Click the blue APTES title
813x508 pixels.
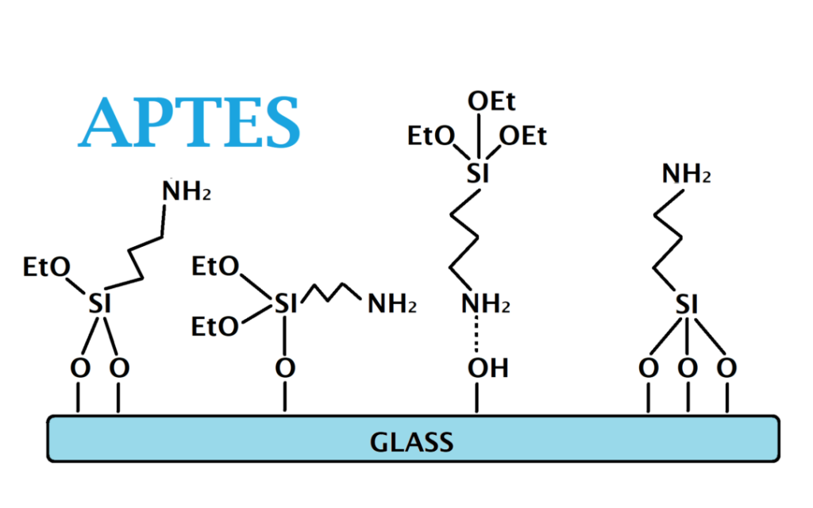tap(189, 122)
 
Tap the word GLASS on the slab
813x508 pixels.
tap(412, 442)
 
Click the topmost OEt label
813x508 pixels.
tap(491, 101)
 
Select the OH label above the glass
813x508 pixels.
tap(488, 368)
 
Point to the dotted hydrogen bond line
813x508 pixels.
tap(476, 335)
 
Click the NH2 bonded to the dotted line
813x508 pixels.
tap(486, 304)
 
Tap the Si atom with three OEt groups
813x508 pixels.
tap(478, 173)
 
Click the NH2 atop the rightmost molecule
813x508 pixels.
tap(687, 174)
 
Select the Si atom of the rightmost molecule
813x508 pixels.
tap(687, 304)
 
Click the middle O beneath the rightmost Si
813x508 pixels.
tap(688, 368)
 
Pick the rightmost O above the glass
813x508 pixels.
tap(726, 368)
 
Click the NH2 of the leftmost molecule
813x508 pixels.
tap(187, 190)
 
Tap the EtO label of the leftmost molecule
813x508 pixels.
tap(47, 267)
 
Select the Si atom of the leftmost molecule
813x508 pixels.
tap(100, 303)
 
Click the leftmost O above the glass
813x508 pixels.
tap(80, 368)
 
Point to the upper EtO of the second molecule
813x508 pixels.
tap(215, 267)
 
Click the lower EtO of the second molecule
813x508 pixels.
tap(215, 327)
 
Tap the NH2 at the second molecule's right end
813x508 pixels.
tap(392, 304)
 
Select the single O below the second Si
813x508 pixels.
tap(285, 368)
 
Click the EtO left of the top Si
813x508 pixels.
tap(431, 137)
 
